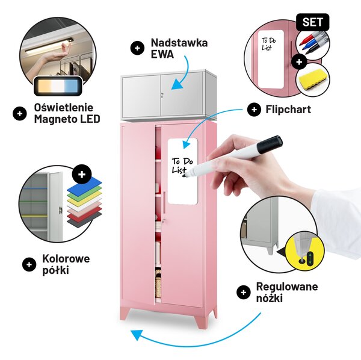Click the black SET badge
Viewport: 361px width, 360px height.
312,22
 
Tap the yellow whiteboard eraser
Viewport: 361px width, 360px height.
312,78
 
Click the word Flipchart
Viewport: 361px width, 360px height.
288,109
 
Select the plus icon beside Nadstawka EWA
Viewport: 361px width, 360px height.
137,48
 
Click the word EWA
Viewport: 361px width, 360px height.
162,54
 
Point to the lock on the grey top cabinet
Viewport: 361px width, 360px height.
162,95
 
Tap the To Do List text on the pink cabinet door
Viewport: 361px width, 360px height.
182,165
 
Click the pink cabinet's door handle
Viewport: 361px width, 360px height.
164,202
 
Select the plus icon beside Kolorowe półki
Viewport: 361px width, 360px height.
29,264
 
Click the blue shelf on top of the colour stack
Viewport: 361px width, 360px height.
84,186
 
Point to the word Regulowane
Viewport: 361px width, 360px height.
287,287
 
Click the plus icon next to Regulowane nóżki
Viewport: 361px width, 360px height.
243,293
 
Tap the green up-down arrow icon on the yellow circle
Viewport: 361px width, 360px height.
310,258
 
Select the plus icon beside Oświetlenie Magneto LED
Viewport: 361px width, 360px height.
20,114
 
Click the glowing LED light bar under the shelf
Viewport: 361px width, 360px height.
48,46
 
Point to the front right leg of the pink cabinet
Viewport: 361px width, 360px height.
201,318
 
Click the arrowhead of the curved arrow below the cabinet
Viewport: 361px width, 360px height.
136,335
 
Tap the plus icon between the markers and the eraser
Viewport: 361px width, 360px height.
299,62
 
